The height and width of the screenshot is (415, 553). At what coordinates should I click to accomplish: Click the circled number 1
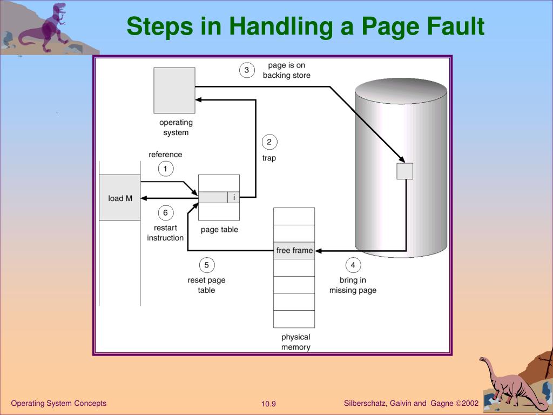[x=165, y=169]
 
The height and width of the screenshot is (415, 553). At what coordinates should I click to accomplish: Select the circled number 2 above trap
[x=269, y=142]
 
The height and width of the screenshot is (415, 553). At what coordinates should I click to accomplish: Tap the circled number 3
[x=247, y=70]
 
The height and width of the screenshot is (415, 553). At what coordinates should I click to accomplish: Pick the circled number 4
[x=353, y=265]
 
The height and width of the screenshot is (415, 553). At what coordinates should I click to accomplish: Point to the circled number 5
[x=207, y=265]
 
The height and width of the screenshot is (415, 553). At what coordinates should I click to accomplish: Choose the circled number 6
[x=165, y=213]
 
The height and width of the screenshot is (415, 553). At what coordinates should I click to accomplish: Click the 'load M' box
[x=119, y=198]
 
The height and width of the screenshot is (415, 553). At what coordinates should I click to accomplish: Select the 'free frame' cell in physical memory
[x=294, y=251]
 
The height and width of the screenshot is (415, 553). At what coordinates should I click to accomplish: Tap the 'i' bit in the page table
[x=233, y=198]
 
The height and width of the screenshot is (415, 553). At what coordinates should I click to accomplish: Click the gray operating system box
[x=174, y=90]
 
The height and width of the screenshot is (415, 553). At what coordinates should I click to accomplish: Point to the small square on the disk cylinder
[x=405, y=171]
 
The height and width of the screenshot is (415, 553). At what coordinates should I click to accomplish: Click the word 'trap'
[x=269, y=158]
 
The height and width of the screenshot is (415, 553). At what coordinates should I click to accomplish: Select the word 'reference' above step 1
[x=165, y=155]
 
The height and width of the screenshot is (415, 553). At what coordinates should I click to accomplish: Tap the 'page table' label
[x=219, y=230]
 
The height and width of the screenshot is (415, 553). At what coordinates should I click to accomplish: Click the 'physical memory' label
[x=295, y=342]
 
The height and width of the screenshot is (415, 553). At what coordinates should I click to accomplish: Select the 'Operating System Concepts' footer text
[x=58, y=403]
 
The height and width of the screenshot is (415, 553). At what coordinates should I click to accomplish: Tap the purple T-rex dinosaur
[x=44, y=27]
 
